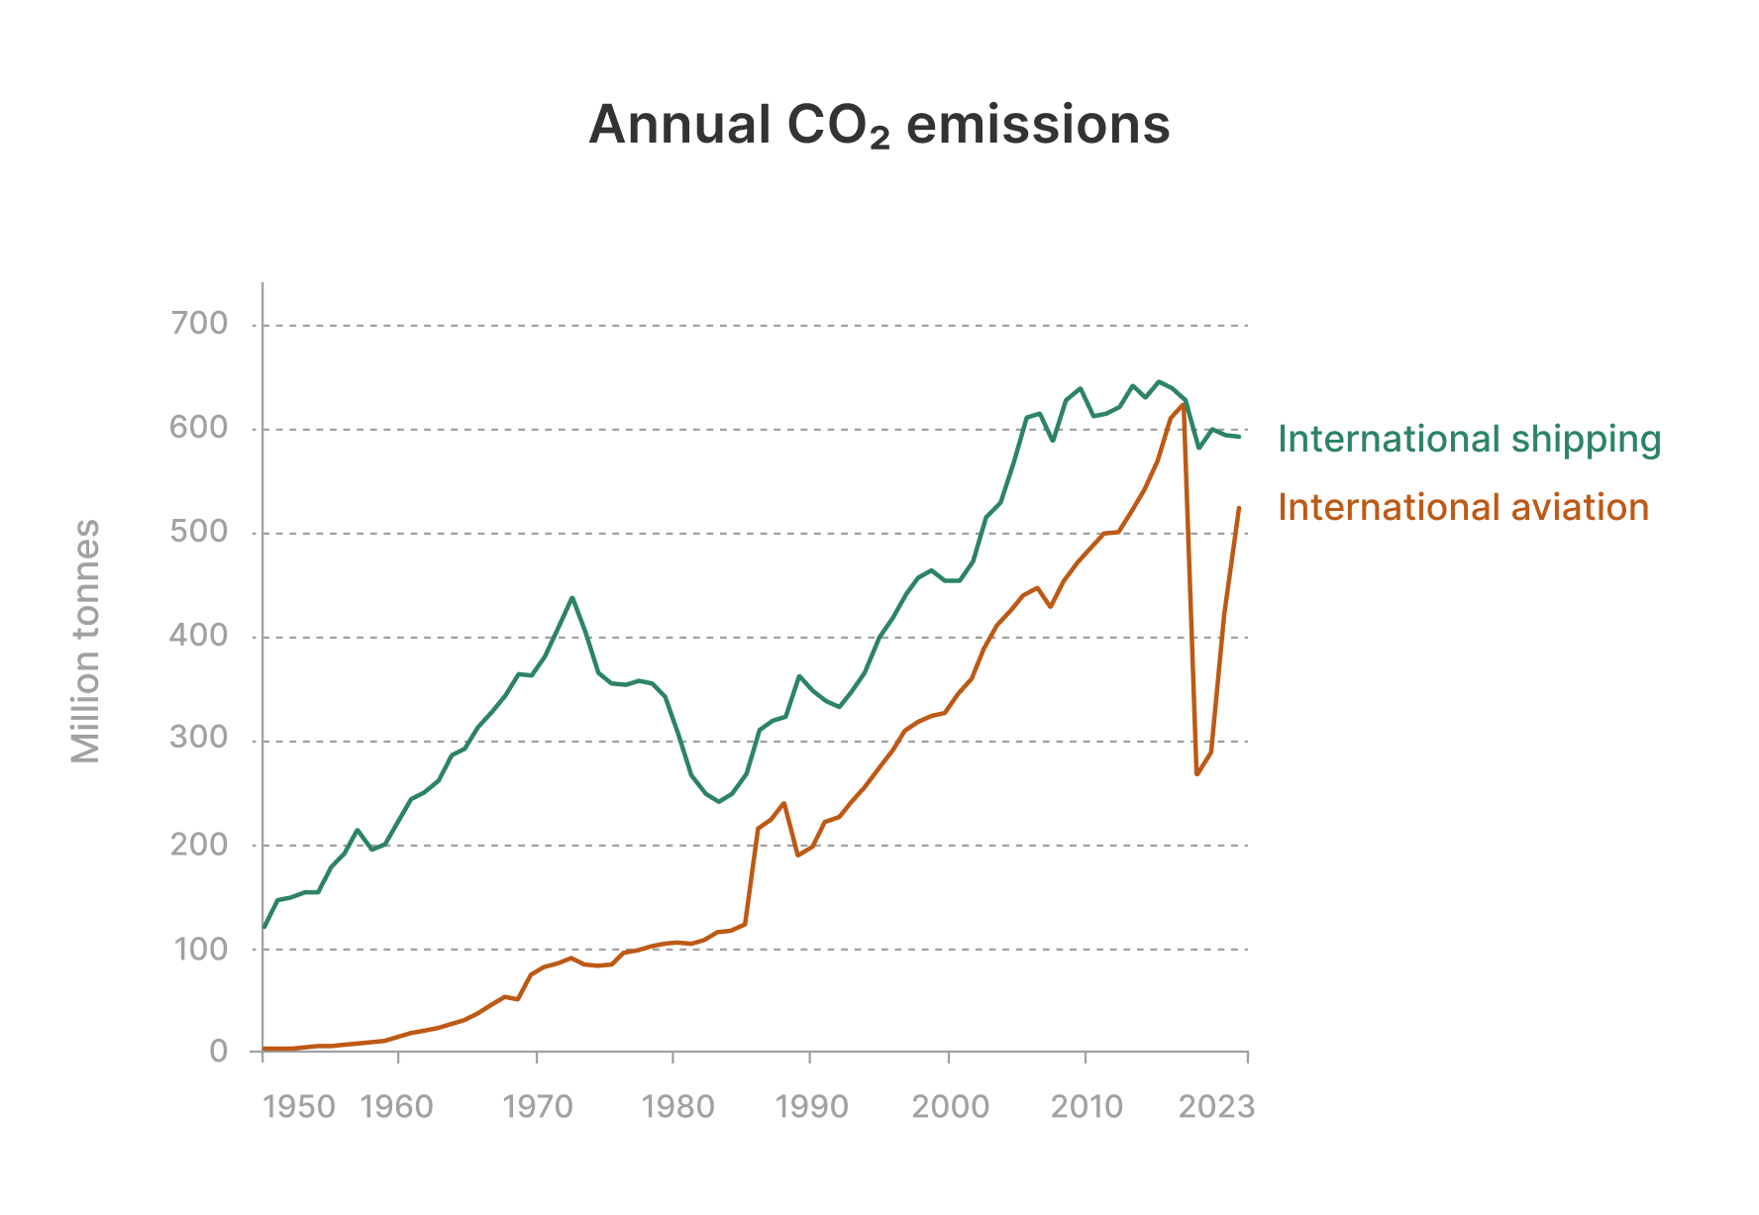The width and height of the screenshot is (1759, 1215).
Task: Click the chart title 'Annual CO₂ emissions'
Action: [x=879, y=126]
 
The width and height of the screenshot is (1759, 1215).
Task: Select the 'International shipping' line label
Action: [x=1469, y=439]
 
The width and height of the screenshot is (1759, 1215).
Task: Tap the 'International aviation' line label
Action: [x=1463, y=507]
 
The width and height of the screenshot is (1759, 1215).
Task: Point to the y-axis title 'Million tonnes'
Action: [x=86, y=642]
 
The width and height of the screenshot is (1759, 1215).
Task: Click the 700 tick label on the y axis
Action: [x=199, y=324]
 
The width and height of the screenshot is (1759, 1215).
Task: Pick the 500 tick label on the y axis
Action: [x=199, y=532]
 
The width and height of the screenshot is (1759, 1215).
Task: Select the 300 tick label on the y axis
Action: [x=199, y=739]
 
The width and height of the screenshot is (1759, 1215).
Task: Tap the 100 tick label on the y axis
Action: [x=201, y=949]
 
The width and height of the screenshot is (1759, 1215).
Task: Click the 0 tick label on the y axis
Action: [x=219, y=1052]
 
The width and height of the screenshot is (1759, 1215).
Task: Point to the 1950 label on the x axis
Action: [x=299, y=1106]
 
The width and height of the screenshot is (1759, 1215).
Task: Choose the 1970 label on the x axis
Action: [x=538, y=1106]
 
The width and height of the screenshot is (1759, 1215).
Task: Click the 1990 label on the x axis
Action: [x=812, y=1106]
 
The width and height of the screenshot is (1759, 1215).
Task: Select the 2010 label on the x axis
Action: [x=1086, y=1106]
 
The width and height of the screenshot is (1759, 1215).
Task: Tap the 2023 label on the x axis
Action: [x=1216, y=1106]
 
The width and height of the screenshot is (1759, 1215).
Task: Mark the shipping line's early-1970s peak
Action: [x=572, y=598]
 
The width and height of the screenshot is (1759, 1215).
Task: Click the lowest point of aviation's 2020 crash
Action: [x=1197, y=773]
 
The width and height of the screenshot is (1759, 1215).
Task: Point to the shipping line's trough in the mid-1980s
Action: [x=719, y=801]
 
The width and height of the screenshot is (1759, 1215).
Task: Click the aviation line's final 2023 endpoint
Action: [x=1239, y=508]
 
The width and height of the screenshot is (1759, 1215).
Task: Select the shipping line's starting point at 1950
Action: [x=263, y=927]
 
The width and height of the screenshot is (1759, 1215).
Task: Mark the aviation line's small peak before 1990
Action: [x=784, y=803]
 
